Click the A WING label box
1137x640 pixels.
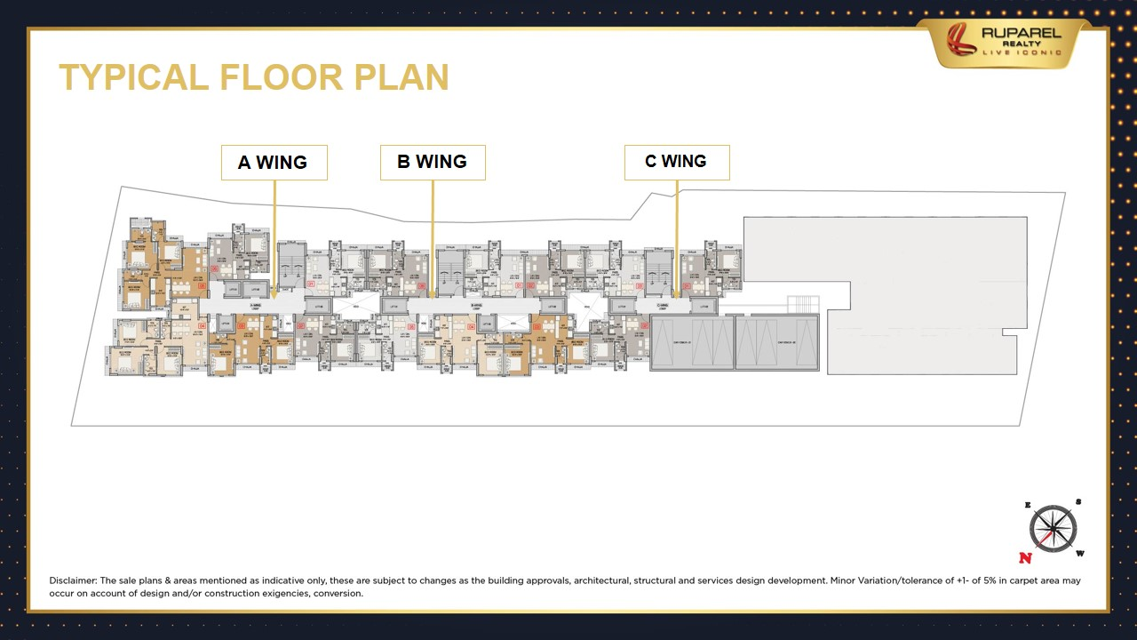coord(274,163)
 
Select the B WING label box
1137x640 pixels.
coord(433,162)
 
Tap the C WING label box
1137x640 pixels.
coord(676,162)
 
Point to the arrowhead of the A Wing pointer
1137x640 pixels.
coord(274,294)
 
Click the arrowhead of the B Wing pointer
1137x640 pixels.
coord(433,294)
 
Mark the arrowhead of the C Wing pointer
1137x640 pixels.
coord(677,294)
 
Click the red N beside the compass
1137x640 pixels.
coord(1026,558)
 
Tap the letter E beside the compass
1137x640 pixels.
coord(1028,505)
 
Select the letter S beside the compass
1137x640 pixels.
coord(1078,501)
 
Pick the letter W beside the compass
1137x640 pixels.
coord(1081,554)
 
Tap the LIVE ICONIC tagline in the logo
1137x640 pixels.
coord(1022,52)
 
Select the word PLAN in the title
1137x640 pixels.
coord(402,77)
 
